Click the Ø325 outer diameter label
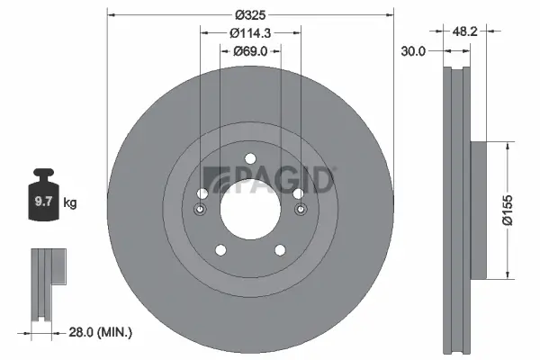click(250, 14)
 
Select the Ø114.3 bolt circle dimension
click(250, 33)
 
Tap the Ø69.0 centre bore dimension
click(250, 51)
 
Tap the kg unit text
click(70, 203)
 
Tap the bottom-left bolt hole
click(219, 252)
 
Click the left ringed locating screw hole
click(201, 211)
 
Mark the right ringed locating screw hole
click(299, 211)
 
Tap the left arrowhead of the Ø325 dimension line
click(110, 14)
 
